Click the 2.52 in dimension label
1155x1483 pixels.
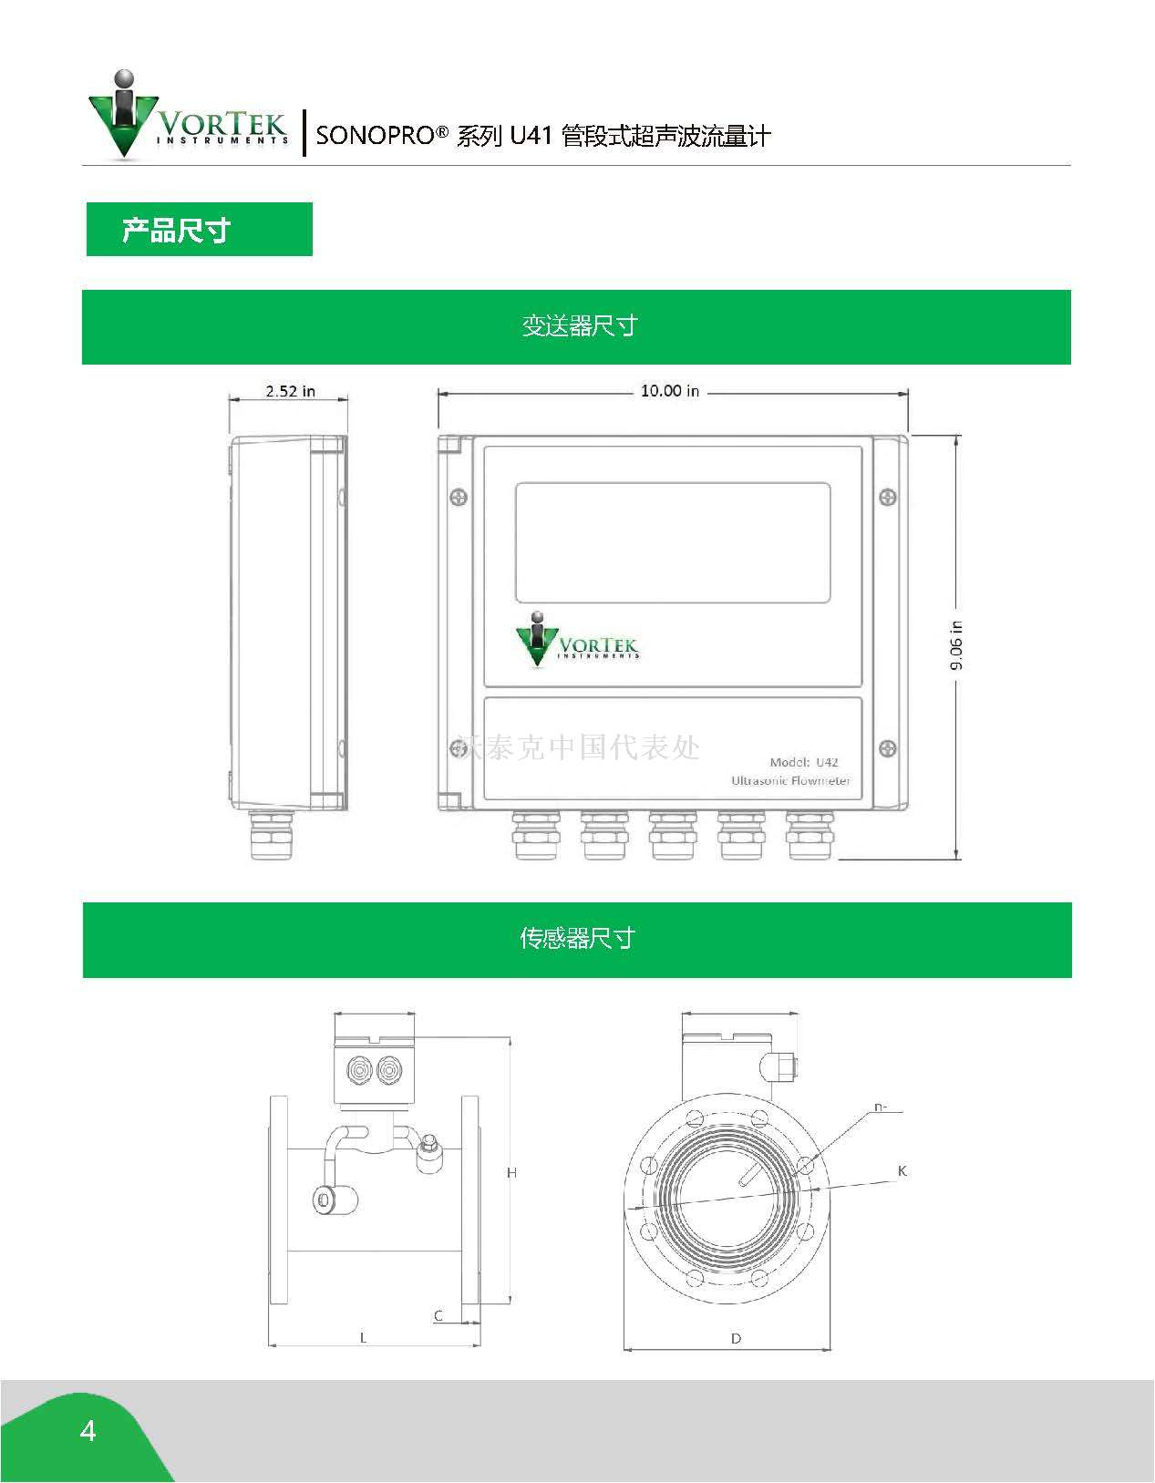[290, 391]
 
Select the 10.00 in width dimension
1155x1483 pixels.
[669, 391]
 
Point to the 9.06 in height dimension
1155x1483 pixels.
[956, 645]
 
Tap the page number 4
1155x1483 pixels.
[88, 1431]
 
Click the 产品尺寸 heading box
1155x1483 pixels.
[199, 230]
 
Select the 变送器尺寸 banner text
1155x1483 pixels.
[578, 326]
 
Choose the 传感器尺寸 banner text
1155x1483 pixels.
[577, 939]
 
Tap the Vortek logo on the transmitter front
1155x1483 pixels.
[576, 638]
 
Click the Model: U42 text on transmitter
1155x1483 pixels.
[803, 762]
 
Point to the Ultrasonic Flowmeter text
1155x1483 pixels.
[790, 781]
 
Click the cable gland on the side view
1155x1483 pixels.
[273, 833]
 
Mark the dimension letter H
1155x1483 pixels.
[512, 1173]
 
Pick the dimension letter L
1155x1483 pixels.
[363, 1338]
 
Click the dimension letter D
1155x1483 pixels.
[736, 1339]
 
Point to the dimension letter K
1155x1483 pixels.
[902, 1170]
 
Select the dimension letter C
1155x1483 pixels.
[438, 1315]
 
